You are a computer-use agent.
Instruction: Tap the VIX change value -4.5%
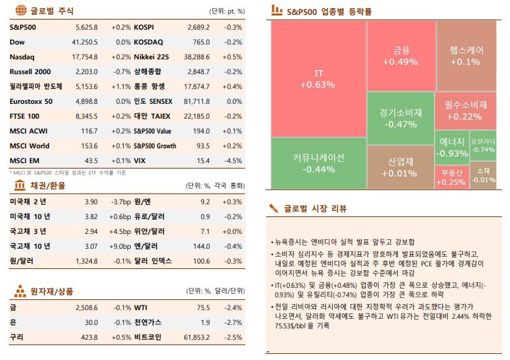233,160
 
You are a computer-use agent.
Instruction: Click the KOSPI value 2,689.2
198,27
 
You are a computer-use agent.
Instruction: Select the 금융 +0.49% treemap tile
401,55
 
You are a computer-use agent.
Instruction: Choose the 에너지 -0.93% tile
451,147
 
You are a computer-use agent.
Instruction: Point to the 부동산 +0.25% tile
451,177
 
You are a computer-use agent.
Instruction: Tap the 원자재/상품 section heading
52,291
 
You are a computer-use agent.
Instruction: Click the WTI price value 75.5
203,307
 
